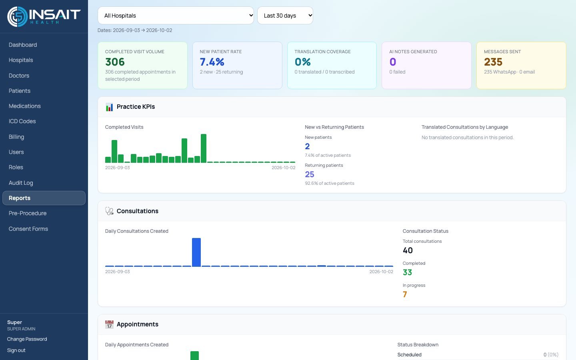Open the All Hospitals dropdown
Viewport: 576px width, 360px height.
point(176,16)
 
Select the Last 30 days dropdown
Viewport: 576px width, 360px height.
point(285,16)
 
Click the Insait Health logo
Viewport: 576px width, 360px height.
point(44,17)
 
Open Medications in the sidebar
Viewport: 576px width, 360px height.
point(25,106)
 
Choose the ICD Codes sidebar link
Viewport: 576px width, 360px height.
point(22,121)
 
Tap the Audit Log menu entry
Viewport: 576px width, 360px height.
point(21,183)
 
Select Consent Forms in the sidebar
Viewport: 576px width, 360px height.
point(28,229)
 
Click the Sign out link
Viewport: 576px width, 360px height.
point(16,350)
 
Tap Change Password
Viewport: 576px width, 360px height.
point(27,339)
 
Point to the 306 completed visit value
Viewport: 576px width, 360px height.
point(115,62)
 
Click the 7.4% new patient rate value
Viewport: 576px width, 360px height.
point(212,62)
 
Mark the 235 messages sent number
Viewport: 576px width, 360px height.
point(493,62)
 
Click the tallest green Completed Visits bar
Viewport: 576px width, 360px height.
point(204,148)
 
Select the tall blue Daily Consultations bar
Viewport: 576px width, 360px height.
point(196,252)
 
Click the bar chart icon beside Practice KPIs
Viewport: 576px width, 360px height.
point(109,107)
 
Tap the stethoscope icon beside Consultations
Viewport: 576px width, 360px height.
point(109,211)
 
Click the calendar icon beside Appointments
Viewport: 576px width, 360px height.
point(109,324)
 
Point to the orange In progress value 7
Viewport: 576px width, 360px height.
point(405,294)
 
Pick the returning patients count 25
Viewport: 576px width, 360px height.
point(310,174)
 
